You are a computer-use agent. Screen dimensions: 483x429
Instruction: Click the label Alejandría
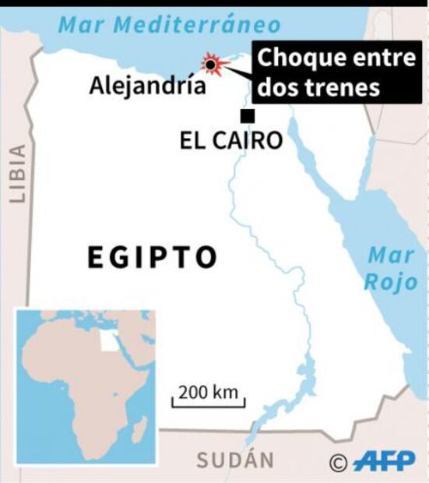coord(147,85)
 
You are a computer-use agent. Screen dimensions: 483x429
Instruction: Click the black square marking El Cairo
coord(248,117)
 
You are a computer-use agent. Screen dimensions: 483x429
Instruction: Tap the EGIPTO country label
coord(152,257)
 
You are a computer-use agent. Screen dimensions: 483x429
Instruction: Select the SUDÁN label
coord(234,460)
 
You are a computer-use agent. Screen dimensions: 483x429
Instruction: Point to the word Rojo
coord(392,282)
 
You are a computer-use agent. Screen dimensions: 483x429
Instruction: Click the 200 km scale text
coord(207,392)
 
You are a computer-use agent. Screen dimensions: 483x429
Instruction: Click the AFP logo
coord(384,461)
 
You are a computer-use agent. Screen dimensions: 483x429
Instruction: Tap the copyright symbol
coord(337,463)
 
